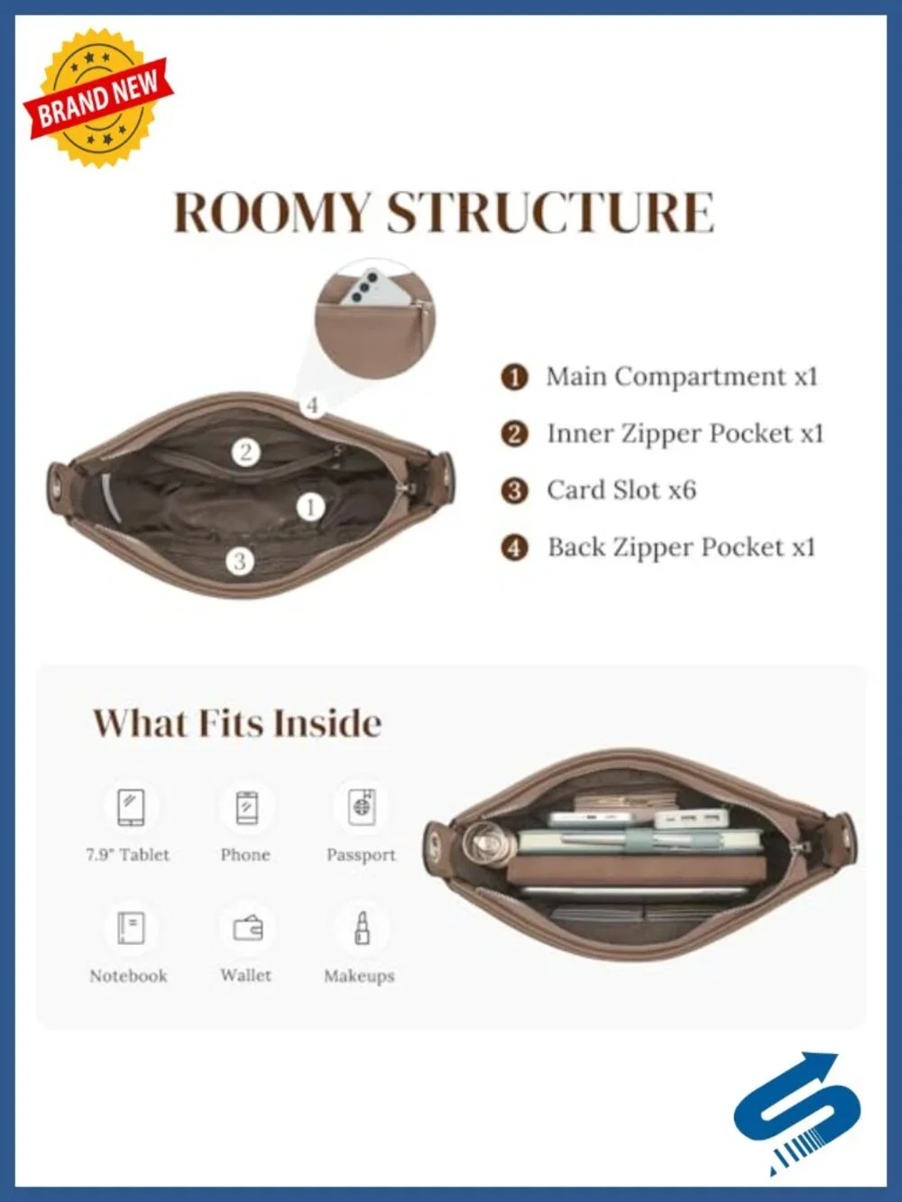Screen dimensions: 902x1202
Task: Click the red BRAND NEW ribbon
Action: click(x=97, y=98)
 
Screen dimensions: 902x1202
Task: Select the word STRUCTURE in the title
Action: click(x=550, y=213)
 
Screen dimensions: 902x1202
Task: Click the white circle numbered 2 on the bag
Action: click(x=244, y=453)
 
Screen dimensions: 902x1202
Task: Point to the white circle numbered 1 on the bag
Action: click(x=310, y=508)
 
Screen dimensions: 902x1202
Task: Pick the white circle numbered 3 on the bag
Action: click(x=239, y=561)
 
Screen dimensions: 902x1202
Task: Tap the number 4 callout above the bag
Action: click(x=312, y=406)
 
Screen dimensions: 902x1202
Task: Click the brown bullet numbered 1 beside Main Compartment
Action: click(x=514, y=377)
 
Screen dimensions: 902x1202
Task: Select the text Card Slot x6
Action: click(x=621, y=490)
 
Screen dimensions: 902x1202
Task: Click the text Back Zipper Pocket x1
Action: click(x=682, y=547)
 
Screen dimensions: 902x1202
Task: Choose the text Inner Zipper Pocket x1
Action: click(x=686, y=434)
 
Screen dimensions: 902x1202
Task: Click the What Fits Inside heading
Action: click(x=237, y=723)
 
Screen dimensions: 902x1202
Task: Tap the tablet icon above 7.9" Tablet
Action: click(x=132, y=807)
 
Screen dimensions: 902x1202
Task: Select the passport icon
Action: click(x=362, y=807)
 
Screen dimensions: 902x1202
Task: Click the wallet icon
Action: click(x=247, y=928)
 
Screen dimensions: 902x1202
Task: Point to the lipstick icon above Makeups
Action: click(x=362, y=928)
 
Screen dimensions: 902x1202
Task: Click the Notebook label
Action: click(x=129, y=976)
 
